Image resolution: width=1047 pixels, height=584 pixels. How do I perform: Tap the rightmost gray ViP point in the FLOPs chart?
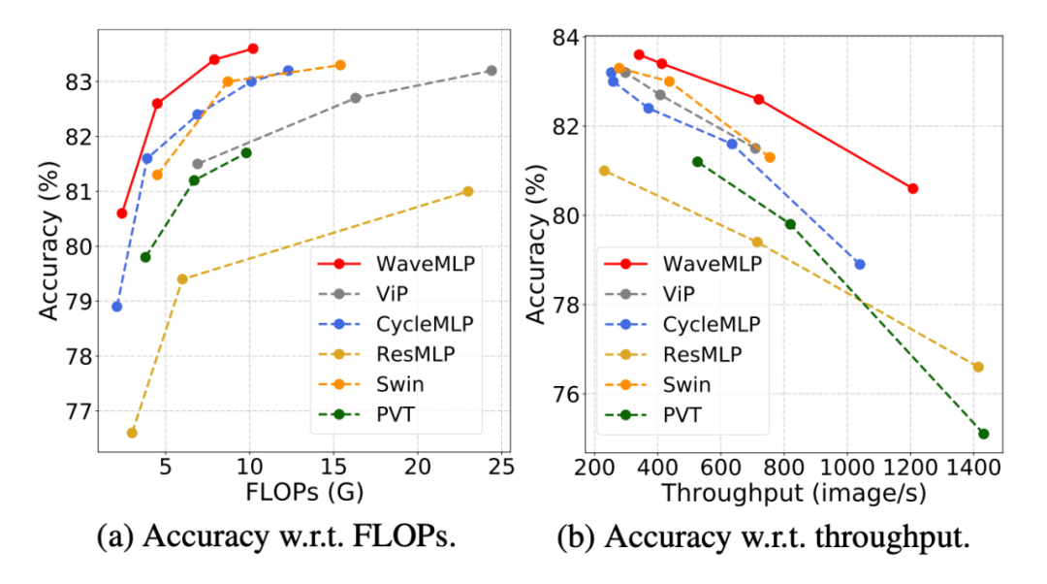(x=492, y=70)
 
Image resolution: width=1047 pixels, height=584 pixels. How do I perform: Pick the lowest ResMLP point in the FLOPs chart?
(x=132, y=432)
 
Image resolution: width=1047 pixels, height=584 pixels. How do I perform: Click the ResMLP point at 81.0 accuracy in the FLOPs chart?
(x=468, y=191)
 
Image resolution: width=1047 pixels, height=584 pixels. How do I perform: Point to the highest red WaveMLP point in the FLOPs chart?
(x=253, y=49)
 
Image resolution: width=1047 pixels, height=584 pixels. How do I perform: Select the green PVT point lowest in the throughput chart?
(x=984, y=434)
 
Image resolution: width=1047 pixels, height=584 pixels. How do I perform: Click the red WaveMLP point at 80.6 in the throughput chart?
(x=912, y=188)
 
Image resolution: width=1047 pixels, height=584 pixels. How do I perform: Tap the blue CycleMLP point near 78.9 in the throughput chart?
(x=859, y=264)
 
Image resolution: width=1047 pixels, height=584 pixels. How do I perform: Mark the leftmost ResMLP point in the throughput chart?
(x=604, y=171)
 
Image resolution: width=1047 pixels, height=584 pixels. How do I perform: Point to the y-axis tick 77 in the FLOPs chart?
(x=77, y=411)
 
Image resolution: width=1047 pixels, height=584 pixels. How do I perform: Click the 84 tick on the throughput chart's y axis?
(x=565, y=37)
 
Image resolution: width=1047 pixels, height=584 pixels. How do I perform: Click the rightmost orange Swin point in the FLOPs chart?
(x=340, y=65)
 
